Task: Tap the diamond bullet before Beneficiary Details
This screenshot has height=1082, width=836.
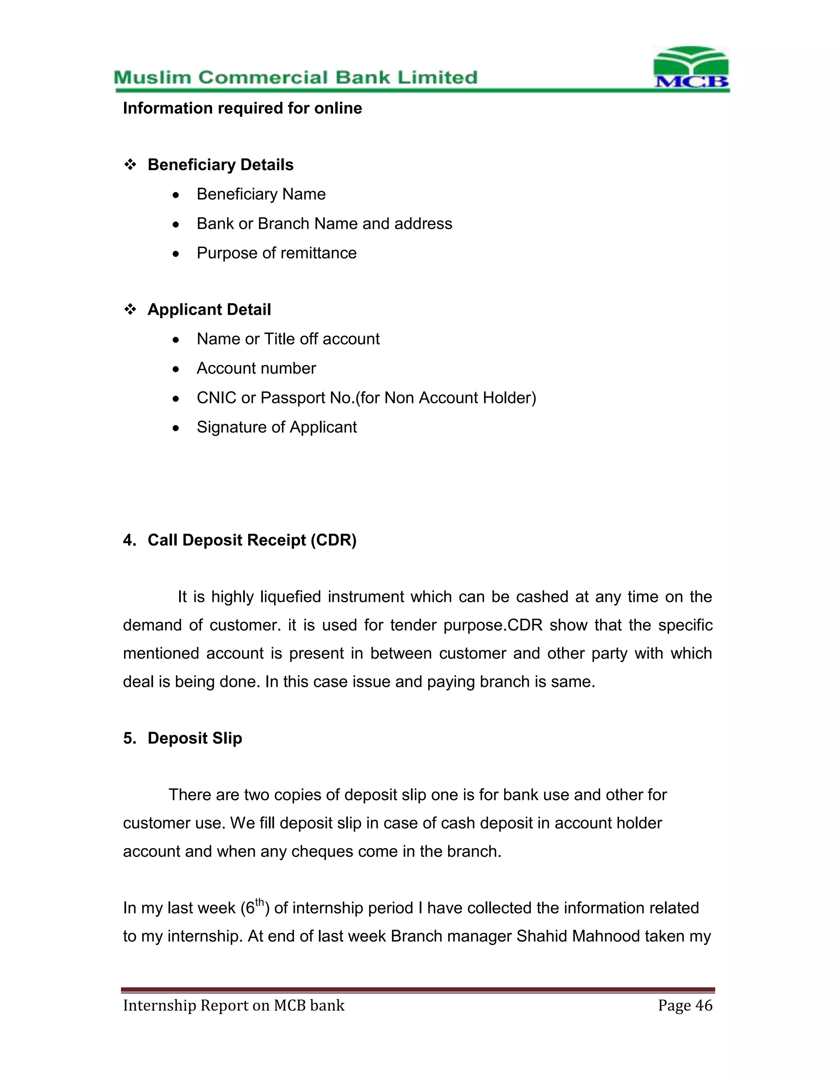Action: (130, 165)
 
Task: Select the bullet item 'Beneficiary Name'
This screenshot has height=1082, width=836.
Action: (261, 194)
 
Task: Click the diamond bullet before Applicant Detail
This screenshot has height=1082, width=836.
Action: (130, 309)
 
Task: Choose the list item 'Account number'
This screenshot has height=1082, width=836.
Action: (256, 368)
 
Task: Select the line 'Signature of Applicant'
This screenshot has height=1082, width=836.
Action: (276, 427)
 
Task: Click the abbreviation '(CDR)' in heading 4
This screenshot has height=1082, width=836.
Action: (334, 540)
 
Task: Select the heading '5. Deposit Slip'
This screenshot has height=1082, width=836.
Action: (183, 738)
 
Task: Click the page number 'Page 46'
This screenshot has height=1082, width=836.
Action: (685, 1005)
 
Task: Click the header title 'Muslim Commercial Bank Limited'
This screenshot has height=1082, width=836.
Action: (296, 78)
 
